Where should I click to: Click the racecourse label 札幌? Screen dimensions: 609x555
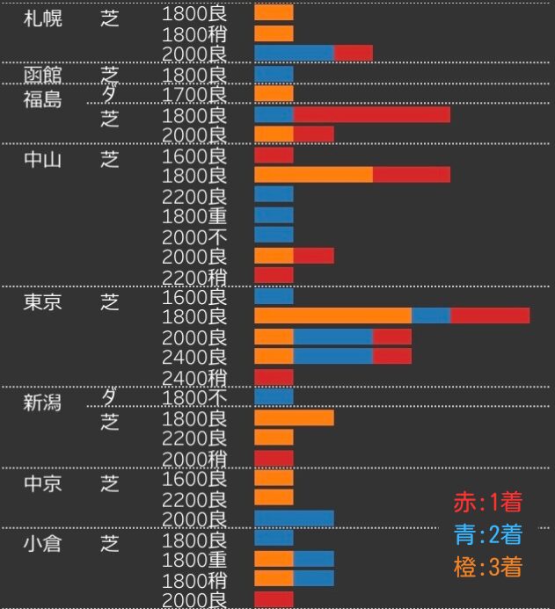click(42, 18)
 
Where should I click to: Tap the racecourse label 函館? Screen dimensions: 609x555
click(42, 74)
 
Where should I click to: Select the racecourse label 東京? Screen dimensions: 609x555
click(42, 301)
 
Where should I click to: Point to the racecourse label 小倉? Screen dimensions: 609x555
click(42, 542)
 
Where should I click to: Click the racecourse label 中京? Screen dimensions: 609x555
click(42, 483)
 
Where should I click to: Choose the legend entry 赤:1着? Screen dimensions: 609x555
click(488, 503)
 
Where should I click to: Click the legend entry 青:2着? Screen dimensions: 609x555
click(488, 534)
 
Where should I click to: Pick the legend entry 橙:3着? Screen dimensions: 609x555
click(488, 567)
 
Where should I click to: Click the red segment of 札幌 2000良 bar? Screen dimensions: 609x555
click(353, 54)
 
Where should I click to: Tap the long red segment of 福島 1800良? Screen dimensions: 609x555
click(371, 115)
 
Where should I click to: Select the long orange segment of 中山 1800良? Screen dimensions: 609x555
click(313, 174)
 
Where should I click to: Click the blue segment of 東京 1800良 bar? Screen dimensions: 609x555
click(431, 315)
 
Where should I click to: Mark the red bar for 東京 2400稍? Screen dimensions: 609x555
click(274, 378)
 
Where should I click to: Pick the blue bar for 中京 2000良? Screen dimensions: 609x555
click(294, 518)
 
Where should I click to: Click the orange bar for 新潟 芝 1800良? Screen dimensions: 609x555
click(294, 417)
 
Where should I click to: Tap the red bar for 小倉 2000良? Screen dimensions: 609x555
click(274, 599)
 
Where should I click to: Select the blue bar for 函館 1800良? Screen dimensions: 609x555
click(274, 75)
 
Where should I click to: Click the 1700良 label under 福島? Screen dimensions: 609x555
click(194, 94)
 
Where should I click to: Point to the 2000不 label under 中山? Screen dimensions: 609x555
click(194, 236)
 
